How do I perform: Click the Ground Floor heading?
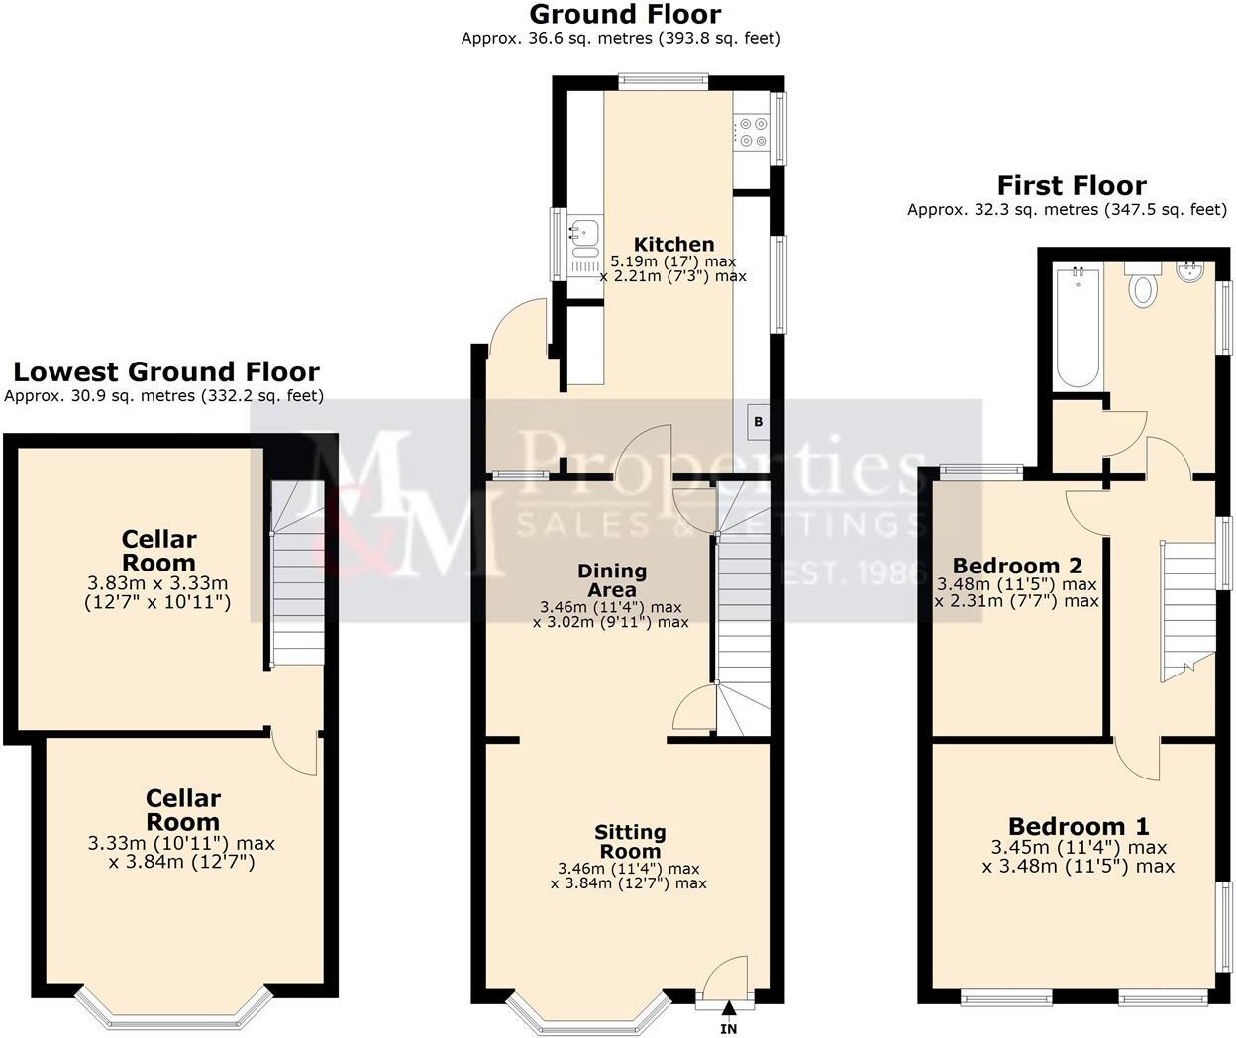point(624,14)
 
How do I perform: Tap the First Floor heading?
point(1071,185)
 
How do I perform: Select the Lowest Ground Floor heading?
point(165,371)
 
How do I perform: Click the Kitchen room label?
point(673,244)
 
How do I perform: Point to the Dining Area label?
point(612,580)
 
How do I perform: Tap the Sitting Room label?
point(630,842)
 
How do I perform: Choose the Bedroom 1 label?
point(1079,826)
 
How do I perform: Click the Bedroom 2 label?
point(1017,566)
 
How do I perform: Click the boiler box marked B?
point(759,422)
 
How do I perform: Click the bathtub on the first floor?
point(1078,327)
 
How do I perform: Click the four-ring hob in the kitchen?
point(752,133)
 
